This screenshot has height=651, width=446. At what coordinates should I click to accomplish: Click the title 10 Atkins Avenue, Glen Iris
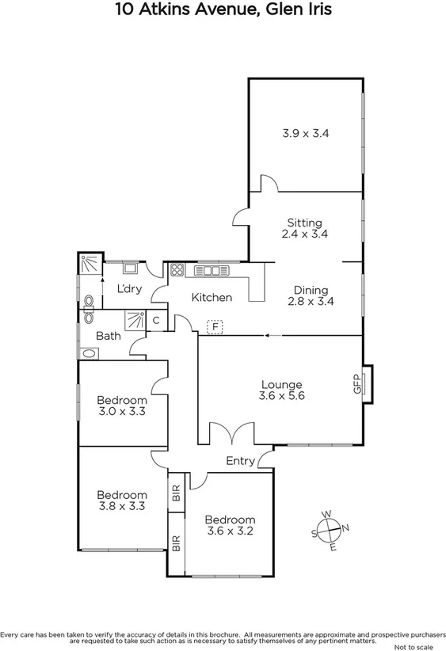pyautogui.click(x=223, y=10)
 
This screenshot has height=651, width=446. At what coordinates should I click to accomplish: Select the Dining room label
pyautogui.click(x=310, y=295)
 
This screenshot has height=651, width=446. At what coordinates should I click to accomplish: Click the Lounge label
pyautogui.click(x=282, y=390)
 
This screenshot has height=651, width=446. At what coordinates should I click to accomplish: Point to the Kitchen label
pyautogui.click(x=212, y=298)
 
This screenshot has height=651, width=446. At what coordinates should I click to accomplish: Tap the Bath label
pyautogui.click(x=109, y=335)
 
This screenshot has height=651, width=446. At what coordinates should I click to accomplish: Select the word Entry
pyautogui.click(x=241, y=461)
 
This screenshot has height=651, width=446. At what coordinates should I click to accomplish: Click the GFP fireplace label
pyautogui.click(x=357, y=384)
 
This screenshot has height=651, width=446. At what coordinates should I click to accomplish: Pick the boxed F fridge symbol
pyautogui.click(x=214, y=325)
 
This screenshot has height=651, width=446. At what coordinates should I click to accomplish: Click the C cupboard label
pyautogui.click(x=156, y=321)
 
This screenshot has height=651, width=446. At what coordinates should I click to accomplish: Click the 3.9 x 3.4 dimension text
pyautogui.click(x=305, y=134)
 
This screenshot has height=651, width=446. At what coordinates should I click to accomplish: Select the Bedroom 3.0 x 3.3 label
pyautogui.click(x=122, y=405)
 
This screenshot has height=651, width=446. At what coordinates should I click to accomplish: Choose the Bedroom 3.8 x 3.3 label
pyautogui.click(x=122, y=501)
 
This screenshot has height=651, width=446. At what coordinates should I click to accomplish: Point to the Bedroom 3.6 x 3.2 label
pyautogui.click(x=230, y=525)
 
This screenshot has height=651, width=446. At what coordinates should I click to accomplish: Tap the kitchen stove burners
pyautogui.click(x=177, y=269)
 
